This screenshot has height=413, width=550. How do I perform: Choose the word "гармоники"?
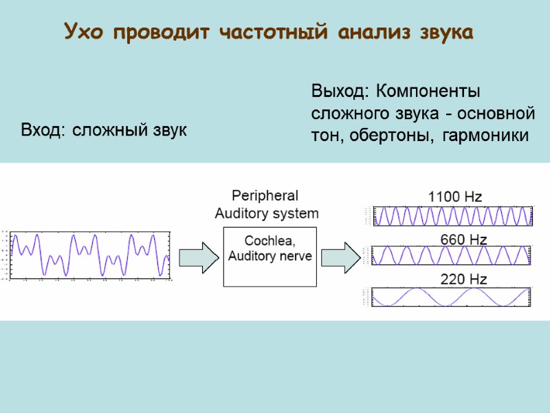[x=485, y=136]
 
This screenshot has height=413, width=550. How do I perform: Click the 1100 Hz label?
[x=455, y=196]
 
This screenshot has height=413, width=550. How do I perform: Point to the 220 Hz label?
[x=463, y=279]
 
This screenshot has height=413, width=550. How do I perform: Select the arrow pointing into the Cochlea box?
[x=199, y=256]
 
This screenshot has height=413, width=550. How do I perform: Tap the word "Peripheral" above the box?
[x=265, y=195]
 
